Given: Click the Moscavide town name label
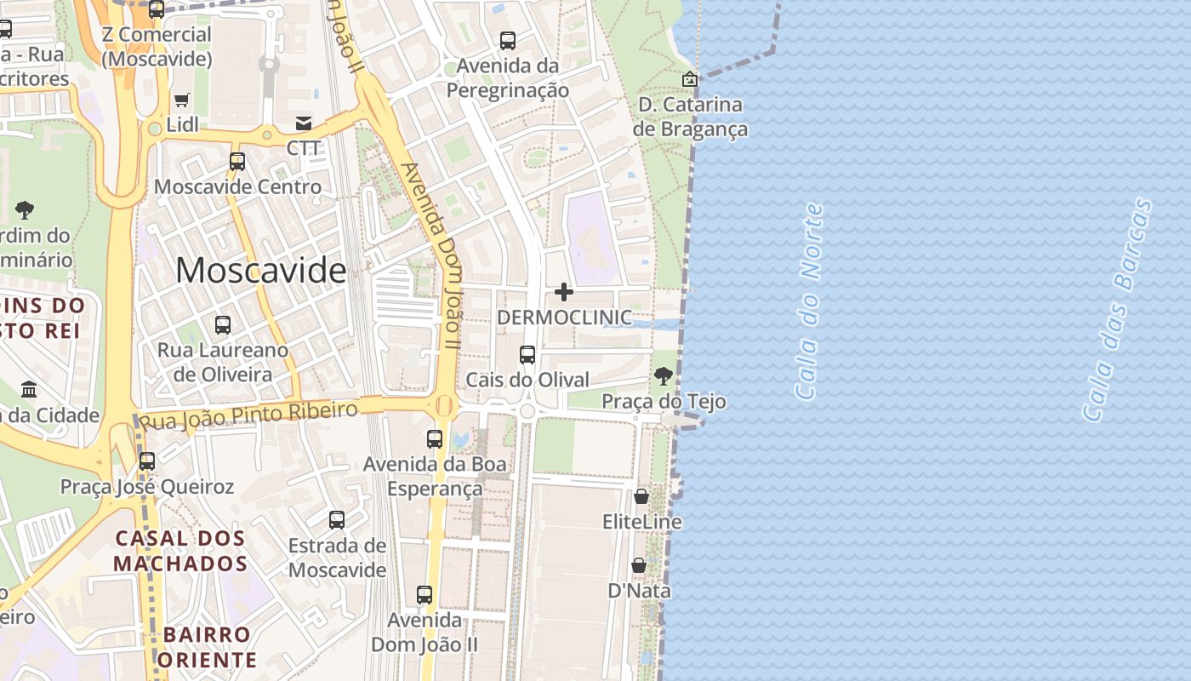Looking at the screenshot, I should (x=260, y=271).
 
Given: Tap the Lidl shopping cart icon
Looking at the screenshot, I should (x=181, y=100).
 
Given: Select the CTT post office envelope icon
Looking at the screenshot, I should (x=304, y=123).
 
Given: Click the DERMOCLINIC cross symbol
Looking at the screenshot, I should (x=563, y=293).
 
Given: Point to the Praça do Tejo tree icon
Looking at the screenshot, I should (x=663, y=375).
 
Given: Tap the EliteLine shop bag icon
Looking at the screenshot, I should (x=641, y=496).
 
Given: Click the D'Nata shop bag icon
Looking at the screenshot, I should (x=638, y=565).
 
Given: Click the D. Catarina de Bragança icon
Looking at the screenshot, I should (x=690, y=79).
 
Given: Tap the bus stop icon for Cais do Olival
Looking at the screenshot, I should (x=527, y=354).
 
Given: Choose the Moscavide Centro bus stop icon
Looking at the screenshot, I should (x=237, y=161).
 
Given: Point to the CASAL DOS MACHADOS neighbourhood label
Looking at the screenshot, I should (x=180, y=551).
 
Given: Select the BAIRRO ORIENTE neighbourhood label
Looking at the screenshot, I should (x=208, y=647).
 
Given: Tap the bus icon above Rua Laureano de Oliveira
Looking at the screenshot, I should (x=222, y=324).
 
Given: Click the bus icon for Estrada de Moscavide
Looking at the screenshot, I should (x=337, y=519).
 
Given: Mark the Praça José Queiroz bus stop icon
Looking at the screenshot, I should (x=147, y=461).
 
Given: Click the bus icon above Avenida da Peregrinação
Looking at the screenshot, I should (x=508, y=40).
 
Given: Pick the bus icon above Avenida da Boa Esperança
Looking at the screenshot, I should (x=435, y=439).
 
